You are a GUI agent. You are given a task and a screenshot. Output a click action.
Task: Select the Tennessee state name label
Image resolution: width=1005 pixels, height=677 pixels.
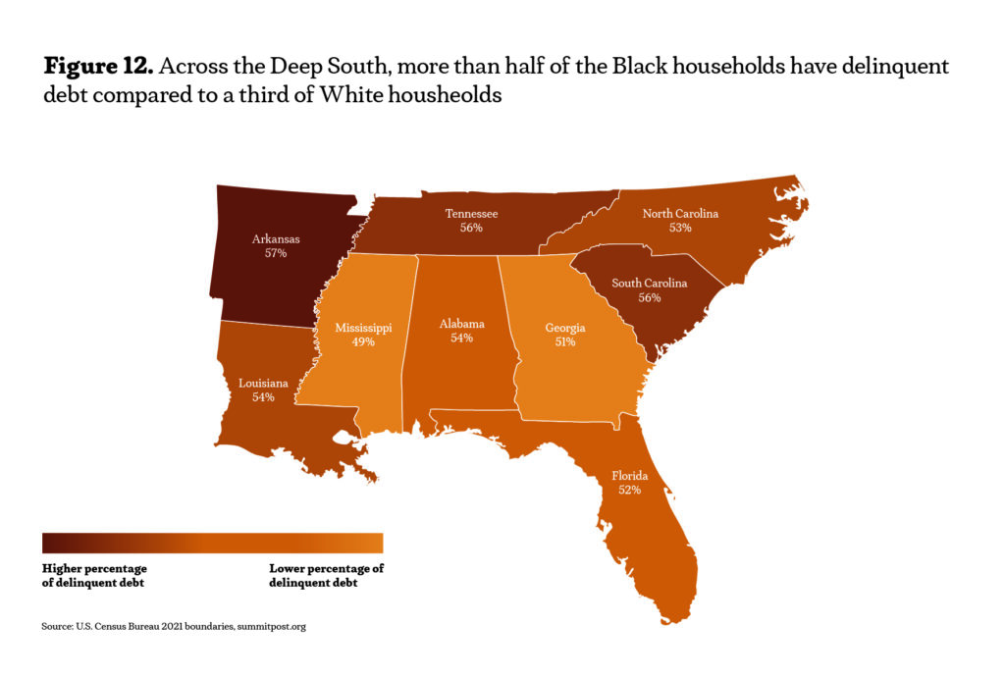(471, 213)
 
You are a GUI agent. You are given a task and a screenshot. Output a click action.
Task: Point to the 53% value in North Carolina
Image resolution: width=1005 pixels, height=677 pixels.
(680, 228)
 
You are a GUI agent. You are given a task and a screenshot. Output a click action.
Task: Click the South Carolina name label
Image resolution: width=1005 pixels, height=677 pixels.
(650, 284)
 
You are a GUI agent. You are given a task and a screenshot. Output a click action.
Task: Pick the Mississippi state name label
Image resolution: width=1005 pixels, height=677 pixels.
(363, 329)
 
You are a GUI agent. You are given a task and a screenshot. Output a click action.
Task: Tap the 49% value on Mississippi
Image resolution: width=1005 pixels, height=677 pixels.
(363, 343)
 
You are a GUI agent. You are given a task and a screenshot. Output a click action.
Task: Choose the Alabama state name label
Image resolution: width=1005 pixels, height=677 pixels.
(461, 323)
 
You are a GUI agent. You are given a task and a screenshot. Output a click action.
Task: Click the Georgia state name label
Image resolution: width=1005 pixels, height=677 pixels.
(565, 328)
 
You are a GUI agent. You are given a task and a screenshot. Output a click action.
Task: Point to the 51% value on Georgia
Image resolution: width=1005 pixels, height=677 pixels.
(565, 342)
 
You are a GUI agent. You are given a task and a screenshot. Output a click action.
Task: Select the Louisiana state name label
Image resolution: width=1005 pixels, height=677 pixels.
(263, 383)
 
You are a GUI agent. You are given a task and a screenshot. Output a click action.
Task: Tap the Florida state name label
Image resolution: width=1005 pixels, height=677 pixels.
(630, 475)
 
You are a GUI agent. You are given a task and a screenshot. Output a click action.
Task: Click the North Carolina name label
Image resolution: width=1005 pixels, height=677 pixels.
(680, 213)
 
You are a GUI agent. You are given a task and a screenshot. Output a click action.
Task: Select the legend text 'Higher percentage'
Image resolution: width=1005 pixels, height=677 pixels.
(95, 568)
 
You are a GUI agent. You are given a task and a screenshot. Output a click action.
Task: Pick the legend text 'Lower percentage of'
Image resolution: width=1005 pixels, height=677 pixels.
(326, 568)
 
